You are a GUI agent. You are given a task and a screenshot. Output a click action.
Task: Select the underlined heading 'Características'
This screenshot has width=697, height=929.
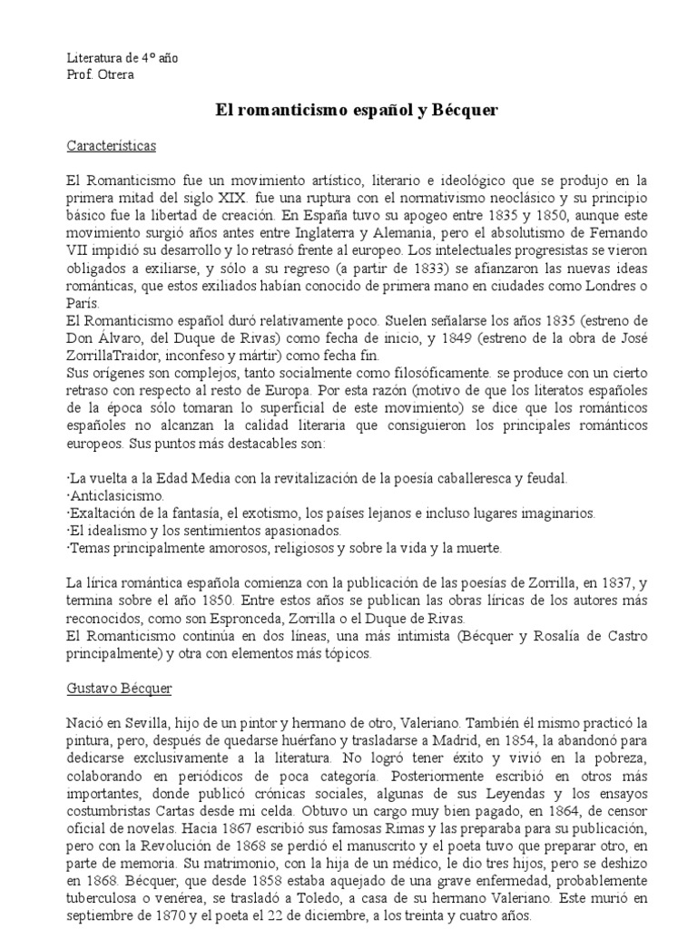[x=112, y=145]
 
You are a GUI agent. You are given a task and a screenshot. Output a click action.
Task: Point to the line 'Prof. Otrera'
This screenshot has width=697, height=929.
[x=100, y=74]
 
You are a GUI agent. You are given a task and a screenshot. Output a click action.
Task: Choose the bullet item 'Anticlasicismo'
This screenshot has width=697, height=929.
[x=116, y=496]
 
